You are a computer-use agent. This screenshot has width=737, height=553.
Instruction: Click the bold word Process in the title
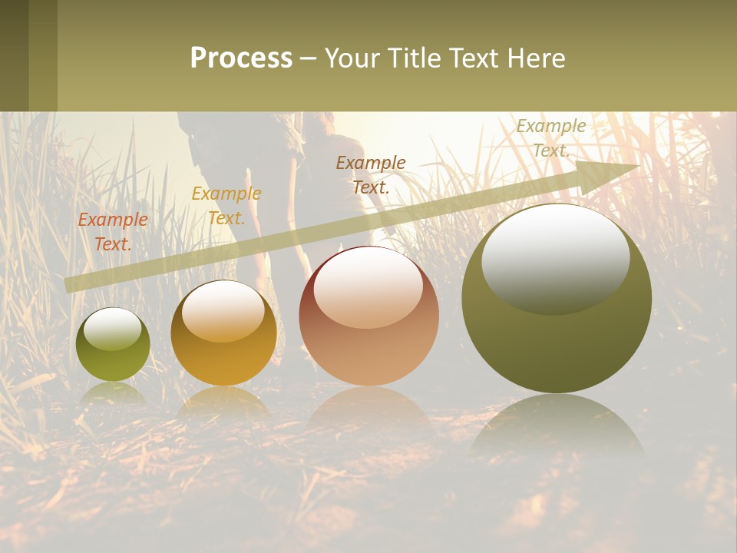tap(241, 58)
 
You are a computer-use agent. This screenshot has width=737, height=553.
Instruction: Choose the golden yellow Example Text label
tap(226, 206)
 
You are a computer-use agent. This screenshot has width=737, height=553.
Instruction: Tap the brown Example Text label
tap(371, 174)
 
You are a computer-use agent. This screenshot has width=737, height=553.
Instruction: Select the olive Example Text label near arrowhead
tap(550, 138)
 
